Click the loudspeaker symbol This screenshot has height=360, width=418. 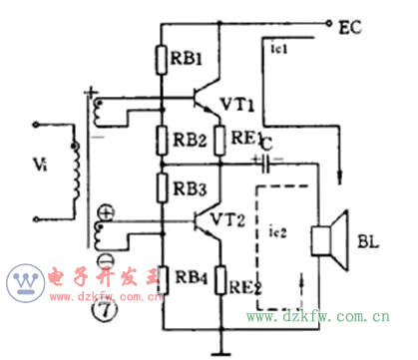pos(328,239)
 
